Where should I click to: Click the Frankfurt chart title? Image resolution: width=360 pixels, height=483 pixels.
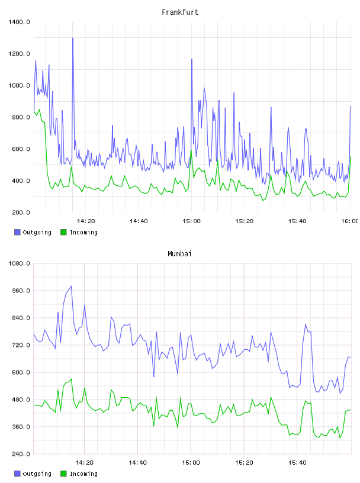tap(180, 12)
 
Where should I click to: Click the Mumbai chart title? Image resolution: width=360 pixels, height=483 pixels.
tap(179, 254)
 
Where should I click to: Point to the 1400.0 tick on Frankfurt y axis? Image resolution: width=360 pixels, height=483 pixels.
tap(19, 22)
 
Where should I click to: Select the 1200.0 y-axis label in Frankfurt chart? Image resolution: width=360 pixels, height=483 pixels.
tap(19, 54)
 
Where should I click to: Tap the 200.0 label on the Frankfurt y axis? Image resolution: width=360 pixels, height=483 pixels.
tap(21, 212)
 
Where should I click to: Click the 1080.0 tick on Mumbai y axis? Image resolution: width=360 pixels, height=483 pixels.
tap(19, 263)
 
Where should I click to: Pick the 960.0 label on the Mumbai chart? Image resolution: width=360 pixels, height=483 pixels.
tap(21, 291)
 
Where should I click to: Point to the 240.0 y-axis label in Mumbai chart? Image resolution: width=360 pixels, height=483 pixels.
tap(21, 454)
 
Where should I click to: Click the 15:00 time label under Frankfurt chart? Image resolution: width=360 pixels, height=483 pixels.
tap(191, 221)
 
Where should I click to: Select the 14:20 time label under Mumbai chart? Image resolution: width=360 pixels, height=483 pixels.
tap(85, 463)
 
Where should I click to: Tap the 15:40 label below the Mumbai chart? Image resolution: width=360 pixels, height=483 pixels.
tap(297, 463)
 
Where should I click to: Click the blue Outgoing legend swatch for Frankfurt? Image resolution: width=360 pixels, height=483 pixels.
tap(17, 232)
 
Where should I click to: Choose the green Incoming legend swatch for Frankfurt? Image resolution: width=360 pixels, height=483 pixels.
tap(63, 232)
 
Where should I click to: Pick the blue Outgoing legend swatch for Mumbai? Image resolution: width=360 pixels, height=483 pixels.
tap(17, 474)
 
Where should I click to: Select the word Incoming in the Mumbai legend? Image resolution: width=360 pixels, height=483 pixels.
tap(83, 474)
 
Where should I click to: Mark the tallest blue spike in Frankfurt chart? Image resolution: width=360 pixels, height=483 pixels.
tap(73, 38)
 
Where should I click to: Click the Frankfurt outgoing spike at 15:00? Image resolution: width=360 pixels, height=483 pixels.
tap(192, 59)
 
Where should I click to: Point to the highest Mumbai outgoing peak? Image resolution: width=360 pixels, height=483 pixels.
tap(71, 286)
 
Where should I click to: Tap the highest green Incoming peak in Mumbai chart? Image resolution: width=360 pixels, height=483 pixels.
tap(71, 379)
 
